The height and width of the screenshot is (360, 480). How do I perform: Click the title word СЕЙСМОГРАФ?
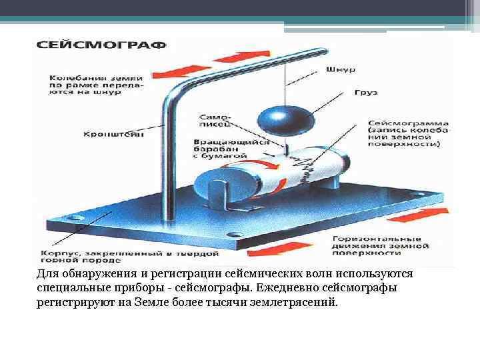(x=101, y=46)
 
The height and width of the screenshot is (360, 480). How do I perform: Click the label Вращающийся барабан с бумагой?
(x=231, y=149)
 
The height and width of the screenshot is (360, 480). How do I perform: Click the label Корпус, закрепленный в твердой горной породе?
(x=130, y=257)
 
